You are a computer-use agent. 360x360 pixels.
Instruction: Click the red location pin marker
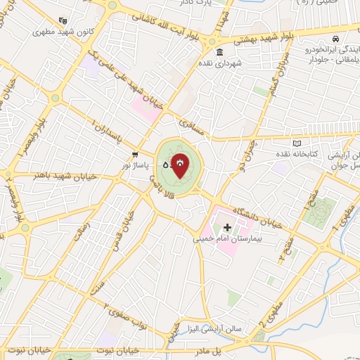click(181, 166)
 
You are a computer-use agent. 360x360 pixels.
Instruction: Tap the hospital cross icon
click(227, 227)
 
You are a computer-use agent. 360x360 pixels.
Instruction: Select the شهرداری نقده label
click(219, 63)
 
